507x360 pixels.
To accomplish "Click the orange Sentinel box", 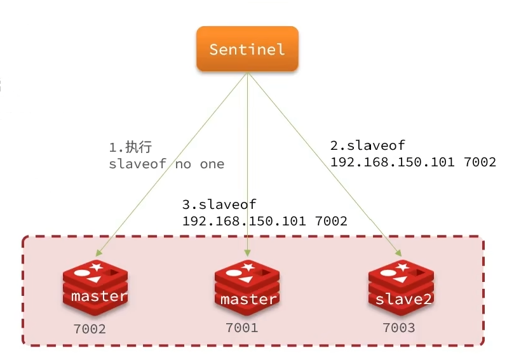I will point(247,49).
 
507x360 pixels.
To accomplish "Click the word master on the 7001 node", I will point(248,298).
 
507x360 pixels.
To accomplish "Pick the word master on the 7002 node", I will point(99,296).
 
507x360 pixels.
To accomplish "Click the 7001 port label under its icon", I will point(242,328).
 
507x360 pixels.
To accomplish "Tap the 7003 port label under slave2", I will point(398,328).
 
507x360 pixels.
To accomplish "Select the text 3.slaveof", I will point(219,204).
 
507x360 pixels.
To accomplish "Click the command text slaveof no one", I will point(166,164).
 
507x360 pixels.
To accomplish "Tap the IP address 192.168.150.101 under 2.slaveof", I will point(392,161).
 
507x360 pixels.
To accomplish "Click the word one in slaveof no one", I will point(212,164).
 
